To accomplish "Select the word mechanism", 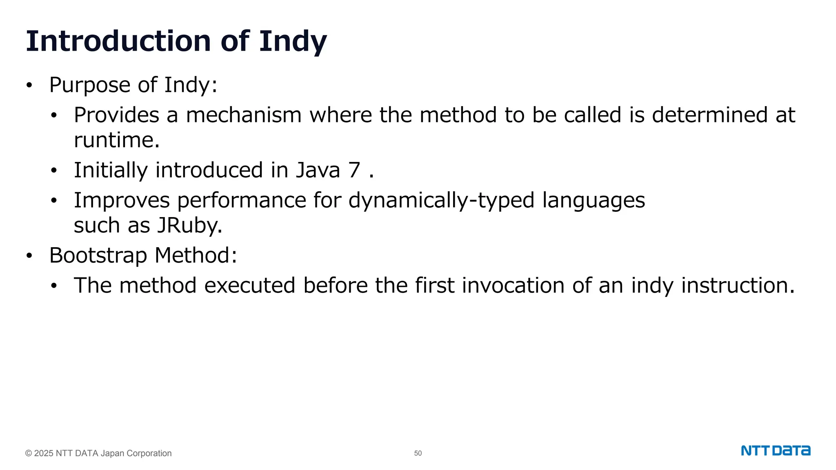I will coord(244,115).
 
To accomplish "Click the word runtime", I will coord(116,140).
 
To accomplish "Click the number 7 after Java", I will coord(354,170).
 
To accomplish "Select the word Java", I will coord(318,170).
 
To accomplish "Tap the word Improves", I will coord(122,200).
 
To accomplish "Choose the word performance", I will coord(241,200).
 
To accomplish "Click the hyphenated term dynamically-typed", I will coord(441,200).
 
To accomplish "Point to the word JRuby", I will coord(189,225).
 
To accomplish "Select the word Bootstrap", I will coord(98,255).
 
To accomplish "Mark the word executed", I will coord(249,285).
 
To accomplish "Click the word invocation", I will coord(513,285).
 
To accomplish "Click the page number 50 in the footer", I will coord(418,453).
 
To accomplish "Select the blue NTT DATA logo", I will coord(776,451).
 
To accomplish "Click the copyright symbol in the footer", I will coord(29,453).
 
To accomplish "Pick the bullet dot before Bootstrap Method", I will coord(29,256).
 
